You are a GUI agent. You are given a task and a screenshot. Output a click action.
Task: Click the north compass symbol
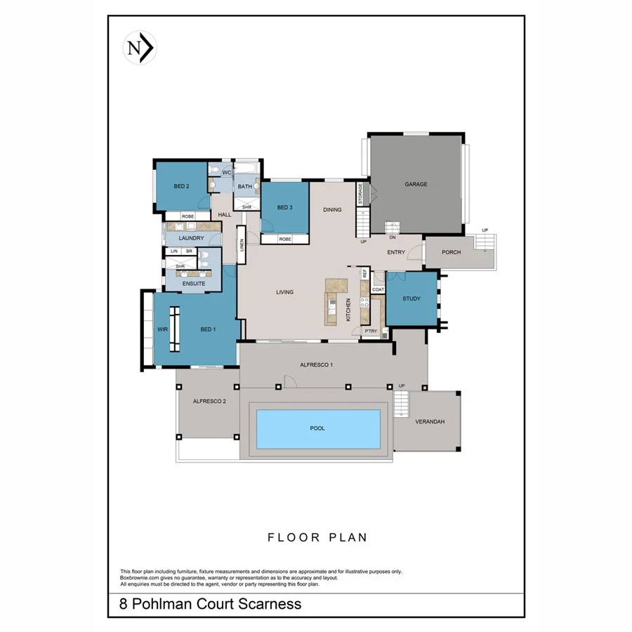[140, 48]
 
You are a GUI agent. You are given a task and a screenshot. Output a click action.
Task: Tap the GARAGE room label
[416, 185]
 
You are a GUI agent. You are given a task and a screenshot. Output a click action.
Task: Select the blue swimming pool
[318, 428]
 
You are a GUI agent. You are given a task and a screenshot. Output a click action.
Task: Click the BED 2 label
[182, 186]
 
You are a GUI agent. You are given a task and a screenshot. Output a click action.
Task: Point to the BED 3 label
[284, 207]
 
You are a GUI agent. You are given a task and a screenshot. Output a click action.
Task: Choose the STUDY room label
[412, 298]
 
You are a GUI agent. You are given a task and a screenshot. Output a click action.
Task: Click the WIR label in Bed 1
[162, 329]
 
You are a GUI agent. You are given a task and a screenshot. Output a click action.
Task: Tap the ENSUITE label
[194, 284]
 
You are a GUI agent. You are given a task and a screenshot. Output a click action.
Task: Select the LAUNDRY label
[191, 238]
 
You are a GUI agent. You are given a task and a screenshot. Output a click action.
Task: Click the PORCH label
[452, 252]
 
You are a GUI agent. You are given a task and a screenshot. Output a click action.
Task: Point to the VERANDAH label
[430, 422]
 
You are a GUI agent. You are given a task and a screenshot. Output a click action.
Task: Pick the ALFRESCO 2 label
[209, 401]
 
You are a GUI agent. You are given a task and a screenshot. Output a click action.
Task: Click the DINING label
[332, 209]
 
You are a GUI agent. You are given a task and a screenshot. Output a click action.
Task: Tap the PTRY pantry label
[371, 331]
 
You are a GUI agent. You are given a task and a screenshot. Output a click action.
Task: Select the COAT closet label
[378, 289]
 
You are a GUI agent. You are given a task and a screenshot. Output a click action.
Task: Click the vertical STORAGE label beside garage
[361, 194]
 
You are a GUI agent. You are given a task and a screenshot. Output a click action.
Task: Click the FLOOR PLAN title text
[317, 538]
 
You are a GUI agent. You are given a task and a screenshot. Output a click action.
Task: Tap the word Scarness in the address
[268, 604]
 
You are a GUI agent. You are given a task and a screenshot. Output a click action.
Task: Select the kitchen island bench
[336, 301]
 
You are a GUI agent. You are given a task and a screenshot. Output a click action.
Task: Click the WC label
[226, 172]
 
